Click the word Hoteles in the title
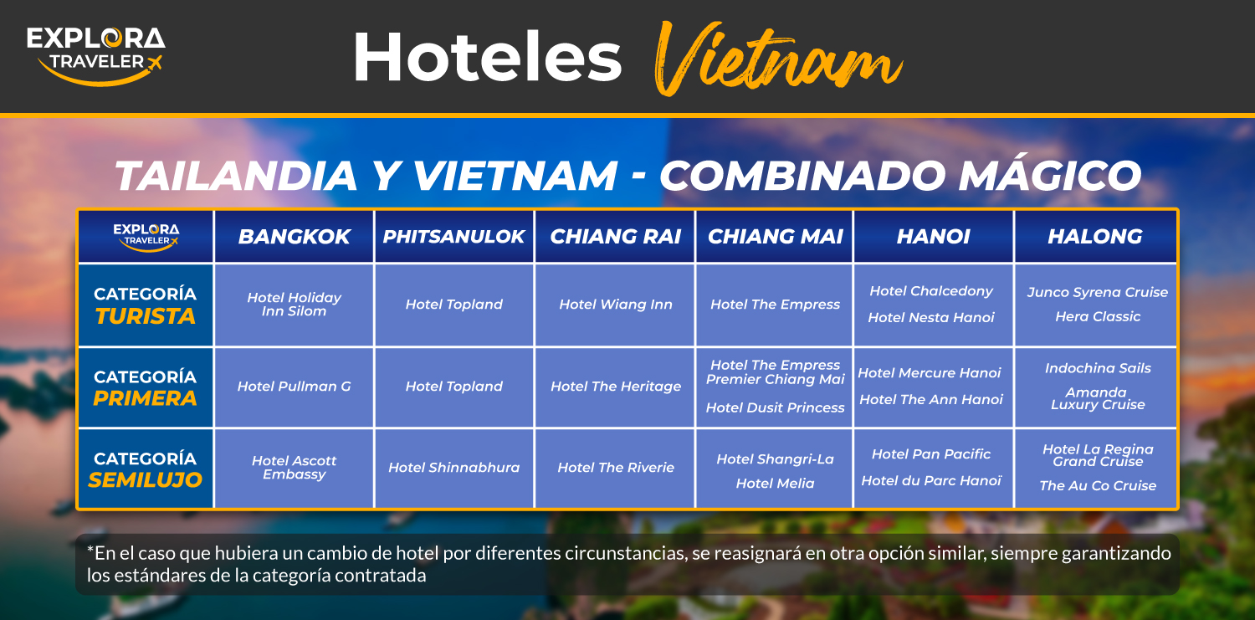pyautogui.click(x=488, y=57)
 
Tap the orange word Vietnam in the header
pyautogui.click(x=778, y=59)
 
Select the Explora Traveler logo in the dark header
pyautogui.click(x=96, y=56)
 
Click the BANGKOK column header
pyautogui.click(x=295, y=236)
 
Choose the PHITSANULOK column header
pyautogui.click(x=453, y=236)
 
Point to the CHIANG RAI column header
pyautogui.click(x=615, y=236)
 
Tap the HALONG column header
pyautogui.click(x=1095, y=236)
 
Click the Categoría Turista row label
pyautogui.click(x=145, y=305)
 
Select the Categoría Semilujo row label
pyautogui.click(x=145, y=469)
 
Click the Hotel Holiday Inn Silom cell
pyautogui.click(x=295, y=304)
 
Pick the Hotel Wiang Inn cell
pyautogui.click(x=616, y=304)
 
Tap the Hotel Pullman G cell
pyautogui.click(x=295, y=386)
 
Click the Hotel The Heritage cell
pyautogui.click(x=616, y=386)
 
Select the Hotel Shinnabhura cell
pyautogui.click(x=453, y=467)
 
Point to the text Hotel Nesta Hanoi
pyautogui.click(x=931, y=318)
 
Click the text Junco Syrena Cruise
pyautogui.click(x=1098, y=292)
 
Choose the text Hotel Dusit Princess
pyautogui.click(x=775, y=407)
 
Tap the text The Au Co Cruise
pyautogui.click(x=1098, y=485)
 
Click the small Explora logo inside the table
pyautogui.click(x=146, y=237)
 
